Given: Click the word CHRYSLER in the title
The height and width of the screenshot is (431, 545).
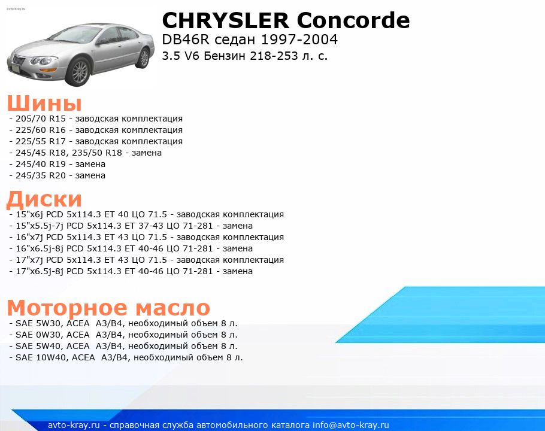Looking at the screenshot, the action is (x=226, y=20).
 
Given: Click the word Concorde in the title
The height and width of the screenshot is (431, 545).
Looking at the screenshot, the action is (x=353, y=20).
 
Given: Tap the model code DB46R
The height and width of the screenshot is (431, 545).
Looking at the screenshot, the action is (x=186, y=40).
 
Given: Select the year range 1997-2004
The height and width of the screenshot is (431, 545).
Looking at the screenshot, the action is (x=299, y=40).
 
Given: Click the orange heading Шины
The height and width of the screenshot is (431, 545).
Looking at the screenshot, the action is (x=44, y=103).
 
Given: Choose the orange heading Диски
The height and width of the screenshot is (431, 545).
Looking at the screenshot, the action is (x=44, y=199).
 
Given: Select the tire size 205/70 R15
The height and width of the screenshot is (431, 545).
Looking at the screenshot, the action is (x=41, y=119).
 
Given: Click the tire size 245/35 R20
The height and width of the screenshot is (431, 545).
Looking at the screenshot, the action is (x=41, y=176).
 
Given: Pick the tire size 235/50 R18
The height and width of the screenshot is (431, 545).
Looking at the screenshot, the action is (x=97, y=153).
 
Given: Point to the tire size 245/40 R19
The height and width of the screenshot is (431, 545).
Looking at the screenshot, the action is (x=41, y=164).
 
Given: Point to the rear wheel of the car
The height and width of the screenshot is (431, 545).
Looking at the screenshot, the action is (x=143, y=57).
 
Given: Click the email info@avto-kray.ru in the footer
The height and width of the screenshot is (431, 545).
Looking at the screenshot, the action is (x=351, y=425).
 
